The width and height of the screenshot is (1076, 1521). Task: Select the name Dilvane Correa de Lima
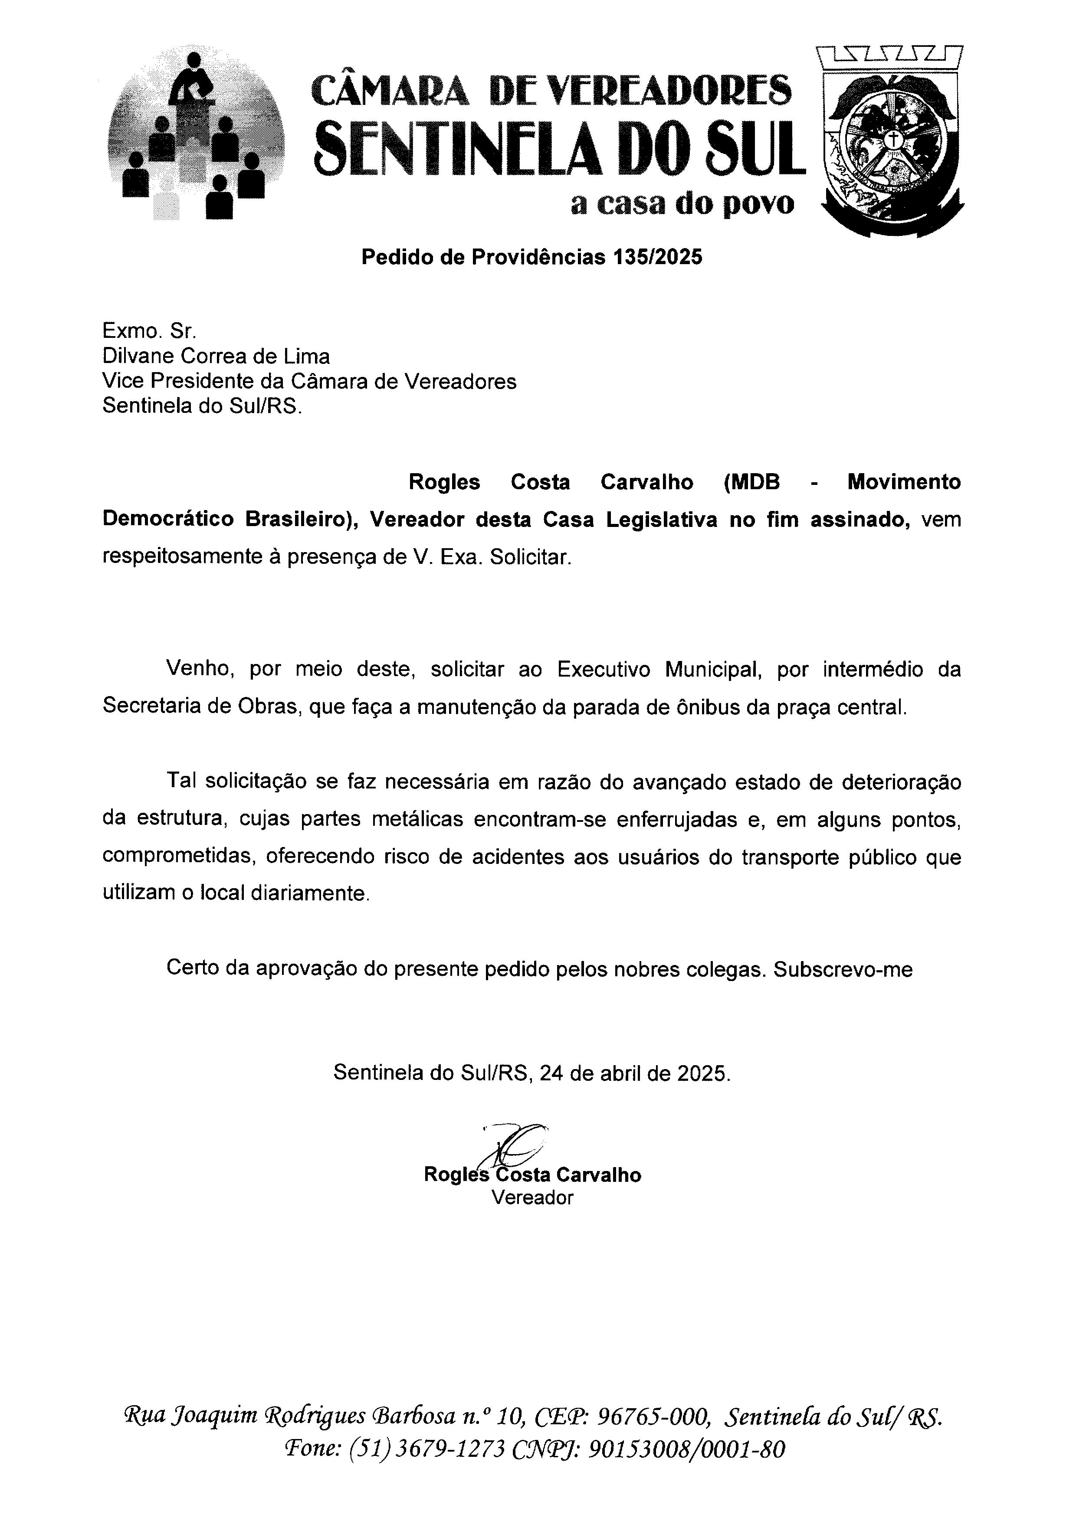pos(216,357)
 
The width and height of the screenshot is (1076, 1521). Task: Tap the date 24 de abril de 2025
pos(635,1073)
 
